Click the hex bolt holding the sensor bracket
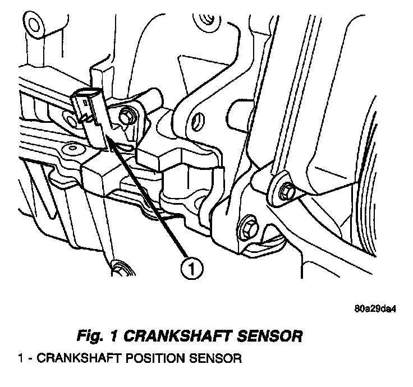126,116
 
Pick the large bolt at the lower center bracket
248,229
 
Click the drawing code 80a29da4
374,308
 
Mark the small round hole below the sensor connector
71,149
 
